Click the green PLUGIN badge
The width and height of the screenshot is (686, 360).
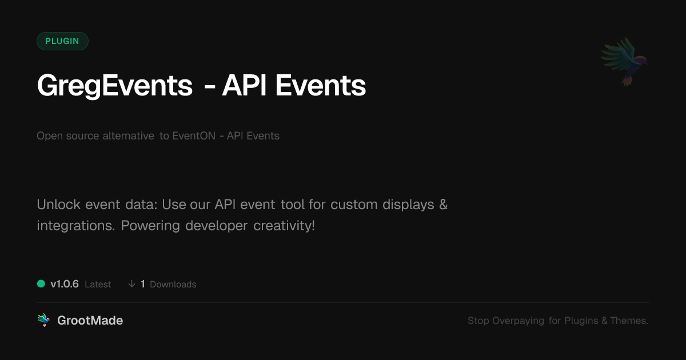(62, 41)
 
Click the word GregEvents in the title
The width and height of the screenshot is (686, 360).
(115, 86)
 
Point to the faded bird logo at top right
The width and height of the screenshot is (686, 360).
(625, 62)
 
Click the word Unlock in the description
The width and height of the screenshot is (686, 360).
(59, 204)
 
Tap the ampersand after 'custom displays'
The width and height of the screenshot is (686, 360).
(443, 205)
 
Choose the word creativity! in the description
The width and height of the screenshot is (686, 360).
(284, 226)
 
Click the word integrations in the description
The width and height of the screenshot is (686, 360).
(75, 226)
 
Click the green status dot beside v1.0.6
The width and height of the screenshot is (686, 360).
(41, 284)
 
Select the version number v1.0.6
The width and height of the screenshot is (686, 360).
(65, 284)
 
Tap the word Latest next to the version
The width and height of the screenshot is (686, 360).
(98, 285)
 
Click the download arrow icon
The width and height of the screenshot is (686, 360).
(131, 284)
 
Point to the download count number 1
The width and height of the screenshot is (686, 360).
(143, 284)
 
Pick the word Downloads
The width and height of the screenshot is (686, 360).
(173, 285)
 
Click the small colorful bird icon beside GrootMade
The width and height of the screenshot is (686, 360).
(43, 320)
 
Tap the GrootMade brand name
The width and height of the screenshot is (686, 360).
(90, 321)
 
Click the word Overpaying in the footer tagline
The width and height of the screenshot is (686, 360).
(518, 321)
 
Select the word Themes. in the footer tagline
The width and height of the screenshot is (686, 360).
(629, 321)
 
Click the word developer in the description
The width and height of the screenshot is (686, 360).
(216, 226)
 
